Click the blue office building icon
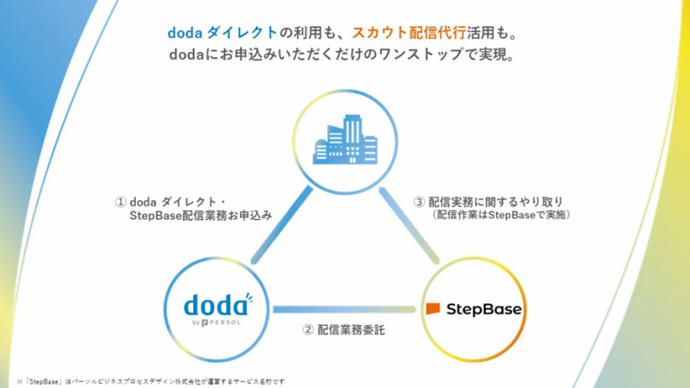click(345, 138)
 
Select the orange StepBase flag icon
click(433, 309)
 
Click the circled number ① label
click(120, 201)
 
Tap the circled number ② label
click(308, 330)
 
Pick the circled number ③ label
click(419, 201)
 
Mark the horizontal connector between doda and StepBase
click(345, 309)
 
